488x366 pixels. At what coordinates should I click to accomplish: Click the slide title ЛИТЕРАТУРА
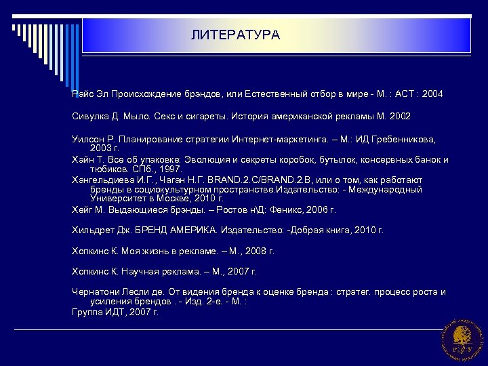[x=235, y=35]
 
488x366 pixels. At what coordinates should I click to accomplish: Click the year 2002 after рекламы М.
[x=398, y=116]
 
